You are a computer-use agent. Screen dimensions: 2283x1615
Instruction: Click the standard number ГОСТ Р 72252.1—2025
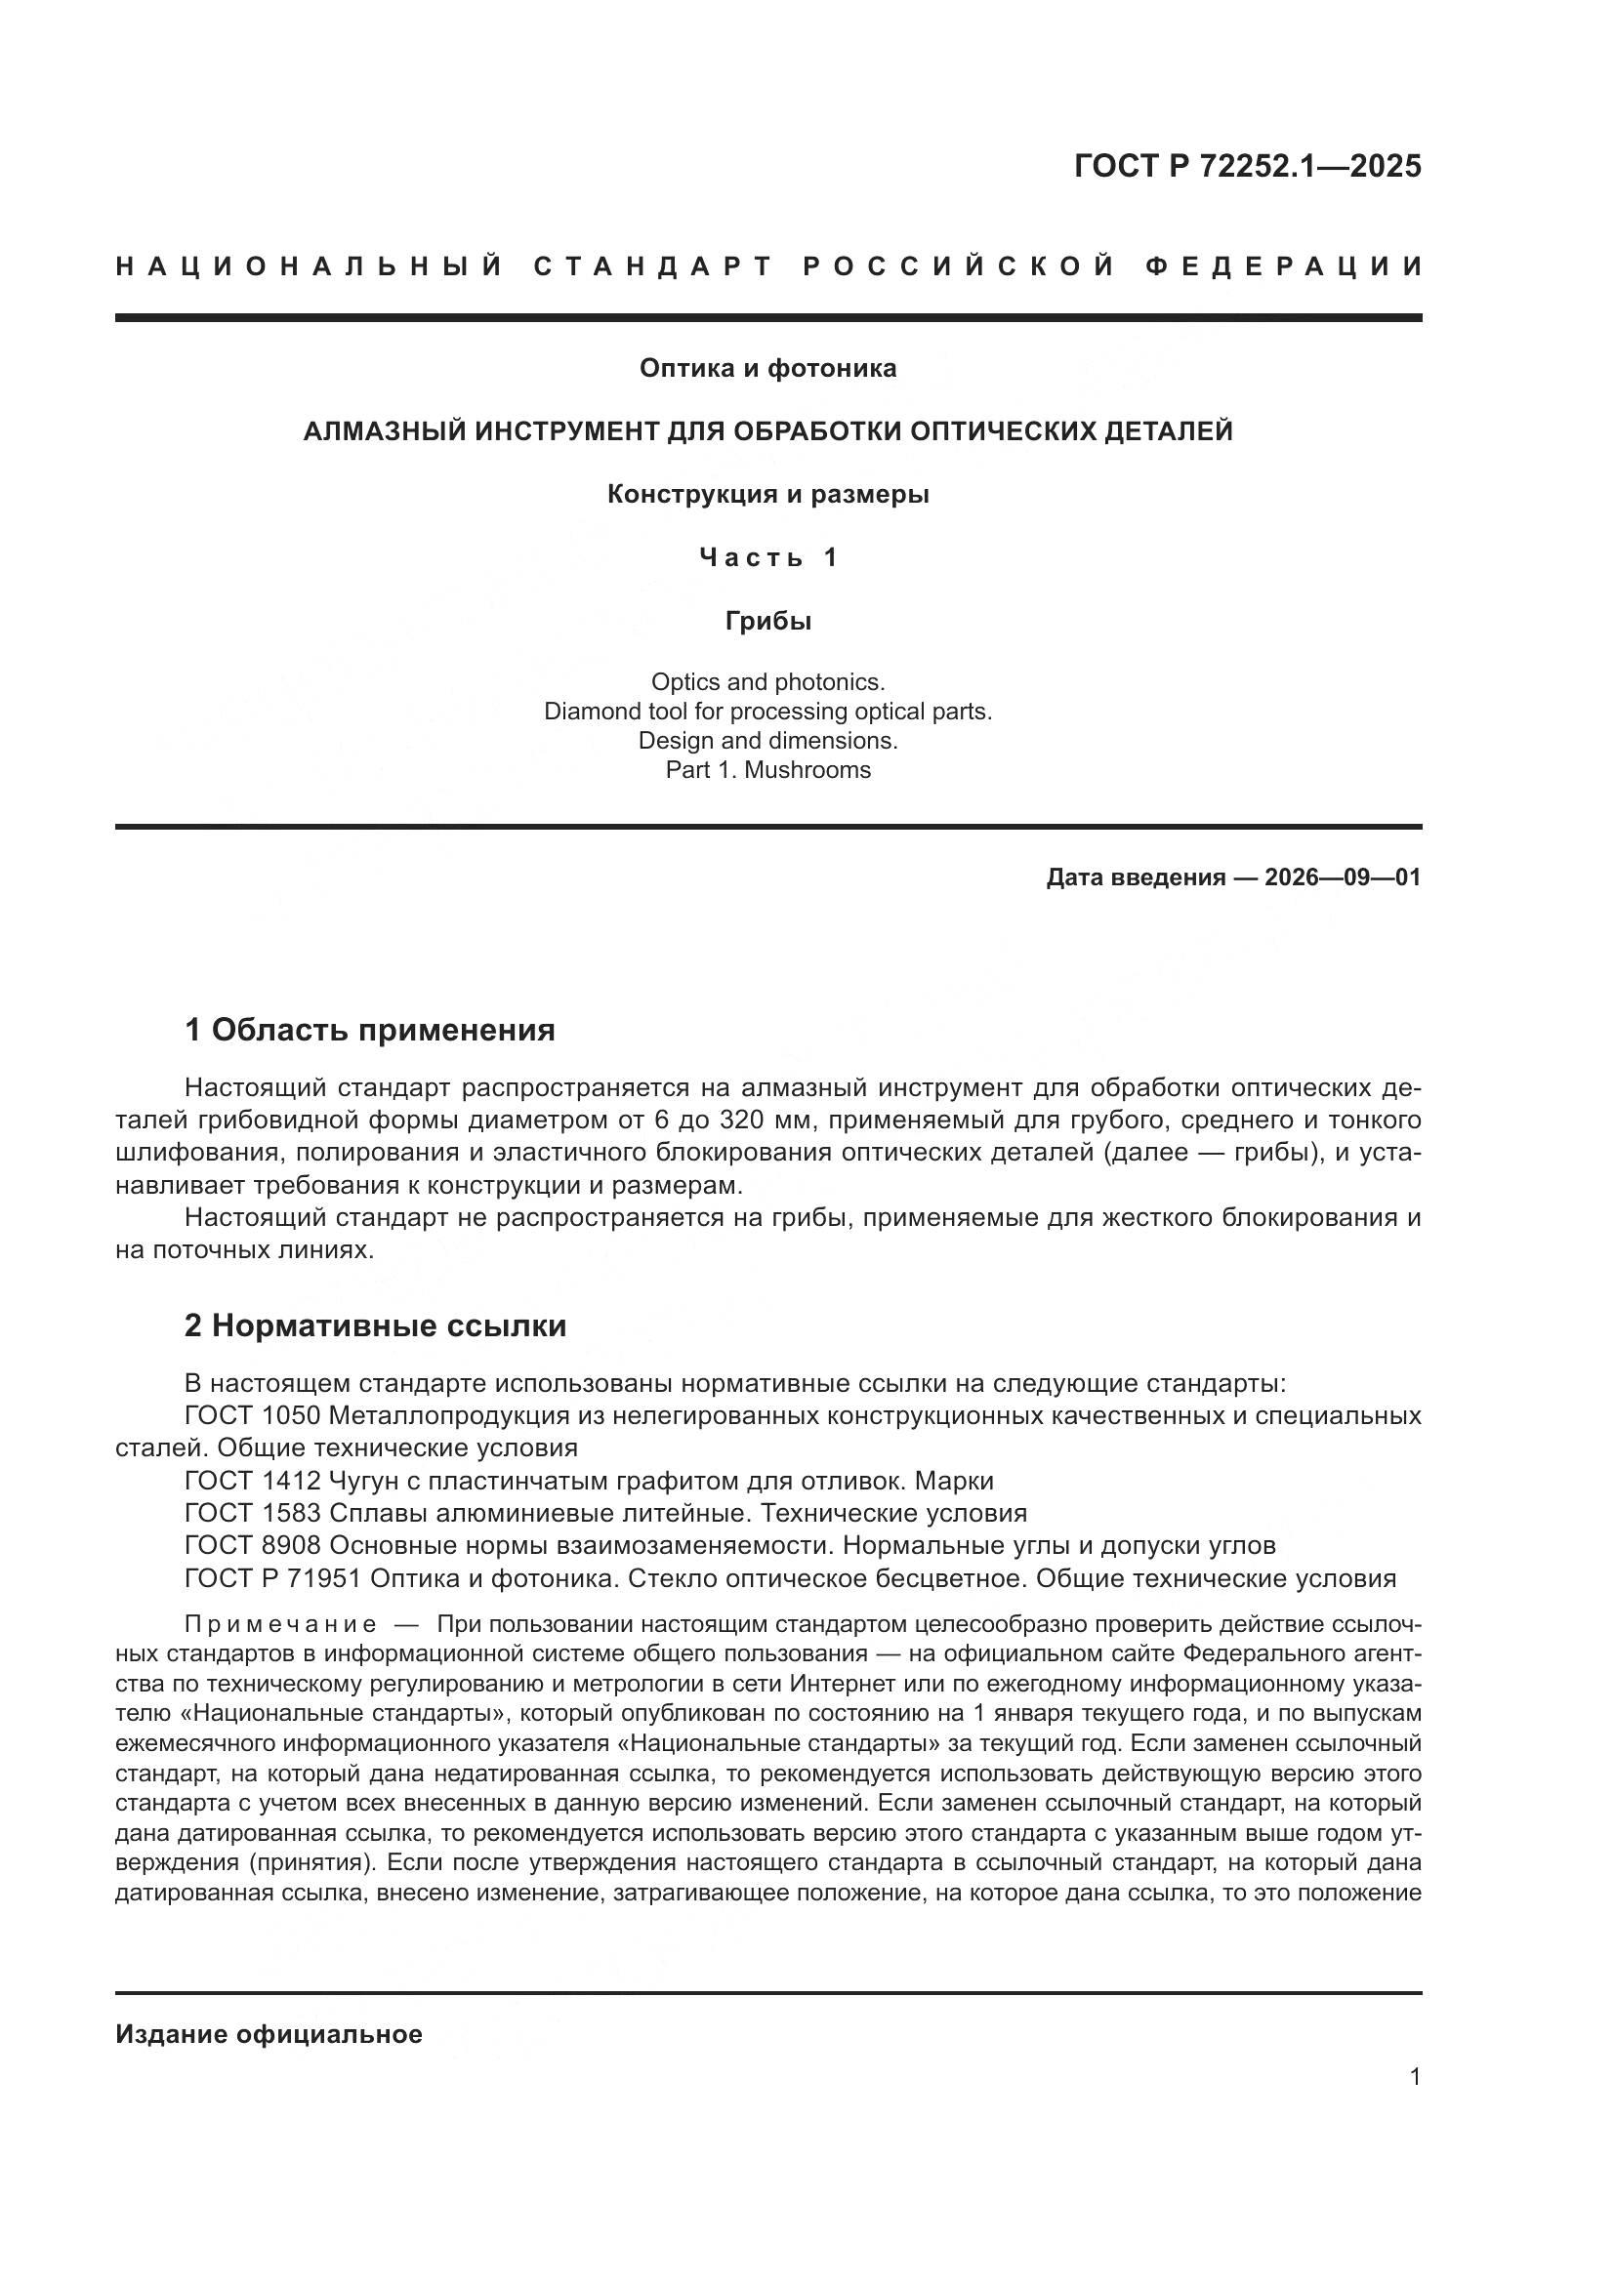pyautogui.click(x=1247, y=166)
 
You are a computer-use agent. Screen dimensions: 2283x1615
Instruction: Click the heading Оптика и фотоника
pyautogui.click(x=767, y=369)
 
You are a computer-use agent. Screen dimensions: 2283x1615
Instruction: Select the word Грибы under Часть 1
pyautogui.click(x=767, y=622)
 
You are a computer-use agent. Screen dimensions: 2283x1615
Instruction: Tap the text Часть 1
pyautogui.click(x=767, y=558)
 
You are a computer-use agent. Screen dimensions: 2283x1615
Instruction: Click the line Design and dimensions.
pyautogui.click(x=767, y=741)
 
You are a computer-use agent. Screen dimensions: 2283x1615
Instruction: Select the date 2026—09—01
pyautogui.click(x=1343, y=878)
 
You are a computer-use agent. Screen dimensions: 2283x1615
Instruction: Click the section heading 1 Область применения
pyautogui.click(x=370, y=1030)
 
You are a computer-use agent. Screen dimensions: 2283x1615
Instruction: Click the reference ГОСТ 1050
pyautogui.click(x=253, y=1416)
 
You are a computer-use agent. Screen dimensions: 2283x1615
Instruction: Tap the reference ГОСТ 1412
pyautogui.click(x=253, y=1482)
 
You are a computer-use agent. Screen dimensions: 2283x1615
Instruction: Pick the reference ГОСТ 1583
pyautogui.click(x=253, y=1514)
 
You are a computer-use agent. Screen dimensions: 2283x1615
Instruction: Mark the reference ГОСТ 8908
pyautogui.click(x=253, y=1546)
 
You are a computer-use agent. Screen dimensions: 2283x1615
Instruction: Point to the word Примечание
pyautogui.click(x=280, y=1626)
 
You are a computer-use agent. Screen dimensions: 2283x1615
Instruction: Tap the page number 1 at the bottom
pyautogui.click(x=1415, y=2077)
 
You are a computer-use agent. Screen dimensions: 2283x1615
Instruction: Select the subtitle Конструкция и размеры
pyautogui.click(x=767, y=494)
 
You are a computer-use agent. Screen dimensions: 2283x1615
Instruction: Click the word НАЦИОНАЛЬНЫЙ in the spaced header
pyautogui.click(x=310, y=266)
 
